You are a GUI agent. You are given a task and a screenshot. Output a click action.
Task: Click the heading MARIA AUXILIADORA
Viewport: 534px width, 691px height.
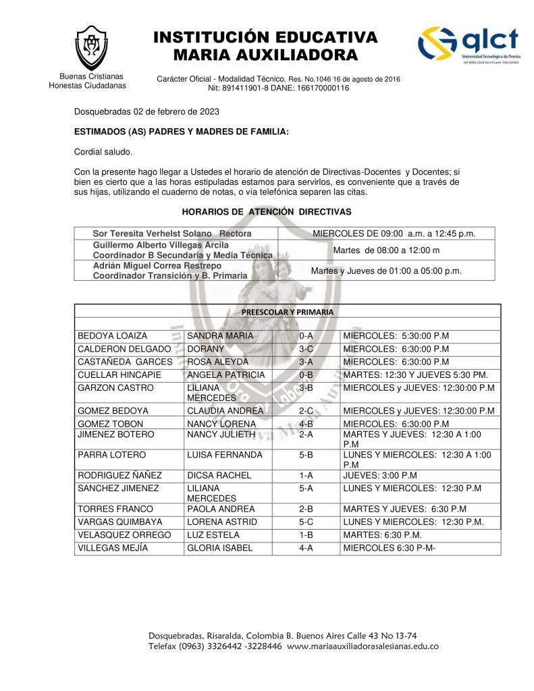point(265,55)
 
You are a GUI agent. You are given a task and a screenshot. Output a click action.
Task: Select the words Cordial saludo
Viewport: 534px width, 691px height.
point(103,152)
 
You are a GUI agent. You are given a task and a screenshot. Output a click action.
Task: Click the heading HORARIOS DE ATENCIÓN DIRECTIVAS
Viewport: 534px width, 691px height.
point(267,212)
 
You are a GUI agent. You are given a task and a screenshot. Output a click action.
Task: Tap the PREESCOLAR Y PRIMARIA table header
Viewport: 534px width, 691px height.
point(287,312)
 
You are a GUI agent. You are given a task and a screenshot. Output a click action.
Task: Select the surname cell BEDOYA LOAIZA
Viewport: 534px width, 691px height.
point(113,336)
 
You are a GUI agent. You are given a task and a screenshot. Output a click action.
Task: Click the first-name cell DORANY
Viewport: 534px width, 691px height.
point(205,349)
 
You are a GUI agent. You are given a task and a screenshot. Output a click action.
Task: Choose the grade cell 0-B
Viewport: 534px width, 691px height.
point(306,375)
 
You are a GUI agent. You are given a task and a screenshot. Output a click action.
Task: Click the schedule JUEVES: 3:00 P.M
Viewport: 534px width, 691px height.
point(380,475)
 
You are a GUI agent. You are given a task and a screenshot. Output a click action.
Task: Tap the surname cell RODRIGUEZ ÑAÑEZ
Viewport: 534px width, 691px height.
point(120,475)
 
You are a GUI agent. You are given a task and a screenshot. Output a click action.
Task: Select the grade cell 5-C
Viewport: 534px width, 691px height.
point(306,522)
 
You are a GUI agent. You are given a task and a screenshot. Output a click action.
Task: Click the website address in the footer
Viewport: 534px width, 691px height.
point(363,646)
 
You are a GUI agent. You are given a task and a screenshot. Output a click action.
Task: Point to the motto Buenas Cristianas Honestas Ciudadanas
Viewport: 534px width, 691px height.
point(88,81)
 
